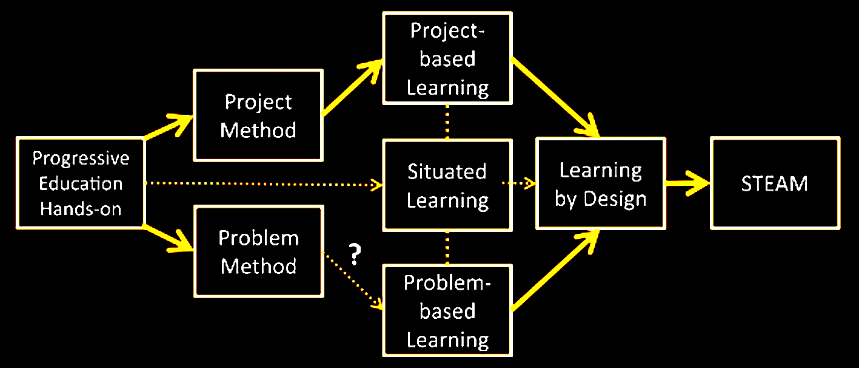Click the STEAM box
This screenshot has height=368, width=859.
click(775, 183)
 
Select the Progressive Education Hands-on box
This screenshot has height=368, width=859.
click(81, 183)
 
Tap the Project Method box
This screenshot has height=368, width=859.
click(258, 115)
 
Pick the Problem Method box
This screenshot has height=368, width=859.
click(258, 251)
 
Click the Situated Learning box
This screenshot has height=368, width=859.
click(447, 185)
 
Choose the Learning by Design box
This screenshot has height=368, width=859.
click(600, 183)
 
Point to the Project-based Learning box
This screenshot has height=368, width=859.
click(447, 58)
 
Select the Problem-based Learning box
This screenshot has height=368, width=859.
click(447, 311)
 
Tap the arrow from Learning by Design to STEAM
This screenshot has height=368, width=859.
click(687, 183)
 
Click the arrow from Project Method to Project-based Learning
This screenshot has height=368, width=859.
click(352, 88)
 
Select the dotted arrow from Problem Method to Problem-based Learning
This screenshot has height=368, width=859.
click(352, 280)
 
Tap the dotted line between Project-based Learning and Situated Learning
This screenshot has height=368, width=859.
click(447, 121)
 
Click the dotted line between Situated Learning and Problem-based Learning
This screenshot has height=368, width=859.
click(447, 248)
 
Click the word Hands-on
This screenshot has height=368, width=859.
click(81, 209)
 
